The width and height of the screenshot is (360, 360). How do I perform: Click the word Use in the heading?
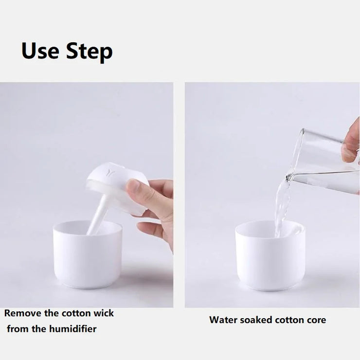pyautogui.click(x=40, y=51)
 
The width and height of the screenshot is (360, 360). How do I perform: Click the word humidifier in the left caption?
pyautogui.click(x=73, y=329)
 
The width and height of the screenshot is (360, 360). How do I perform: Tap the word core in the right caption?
pyautogui.click(x=315, y=320)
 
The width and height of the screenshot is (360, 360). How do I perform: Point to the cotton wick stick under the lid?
pyautogui.click(x=97, y=214)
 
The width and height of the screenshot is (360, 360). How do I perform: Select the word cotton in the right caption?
pyautogui.click(x=286, y=320)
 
